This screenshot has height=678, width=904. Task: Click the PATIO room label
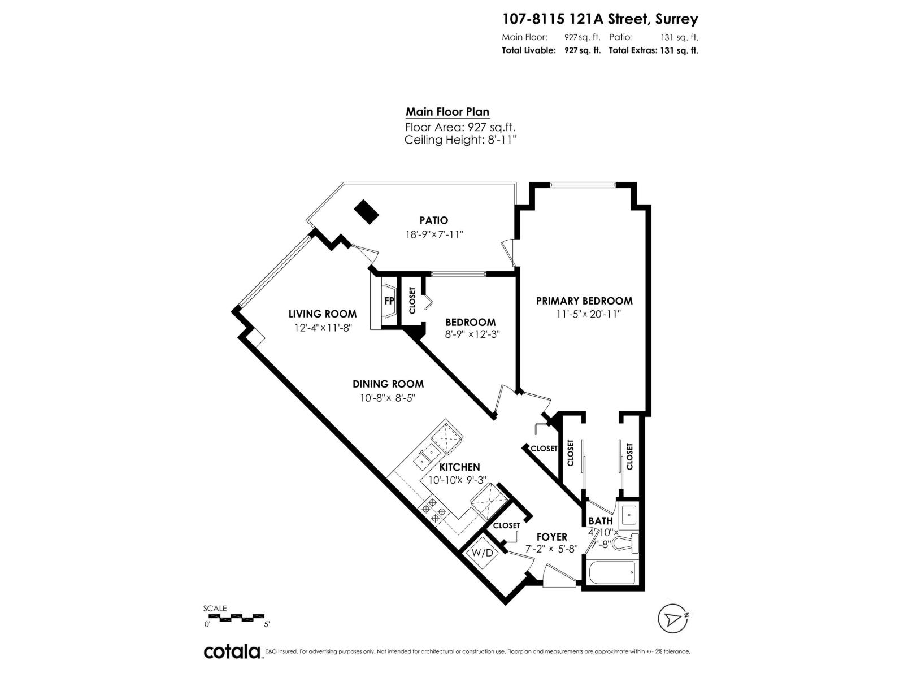click(433, 220)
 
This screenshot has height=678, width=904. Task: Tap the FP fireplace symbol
click(389, 301)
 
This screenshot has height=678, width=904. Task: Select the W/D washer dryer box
click(482, 552)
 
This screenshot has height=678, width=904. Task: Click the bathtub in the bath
click(612, 573)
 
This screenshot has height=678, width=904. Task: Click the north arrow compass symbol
click(673, 619)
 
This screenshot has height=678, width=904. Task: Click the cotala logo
click(232, 651)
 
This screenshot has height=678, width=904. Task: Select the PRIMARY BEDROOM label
click(584, 301)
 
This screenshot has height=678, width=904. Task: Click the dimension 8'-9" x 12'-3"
click(472, 334)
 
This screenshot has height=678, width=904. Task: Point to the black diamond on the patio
click(366, 212)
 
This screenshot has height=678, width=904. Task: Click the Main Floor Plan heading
click(447, 112)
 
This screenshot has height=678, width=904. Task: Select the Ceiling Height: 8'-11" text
click(460, 140)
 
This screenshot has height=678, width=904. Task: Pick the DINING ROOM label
click(388, 384)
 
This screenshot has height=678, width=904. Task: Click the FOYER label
click(551, 537)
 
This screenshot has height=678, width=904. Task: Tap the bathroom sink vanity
click(628, 515)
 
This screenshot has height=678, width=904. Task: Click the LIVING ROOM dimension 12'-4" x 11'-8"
click(323, 328)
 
